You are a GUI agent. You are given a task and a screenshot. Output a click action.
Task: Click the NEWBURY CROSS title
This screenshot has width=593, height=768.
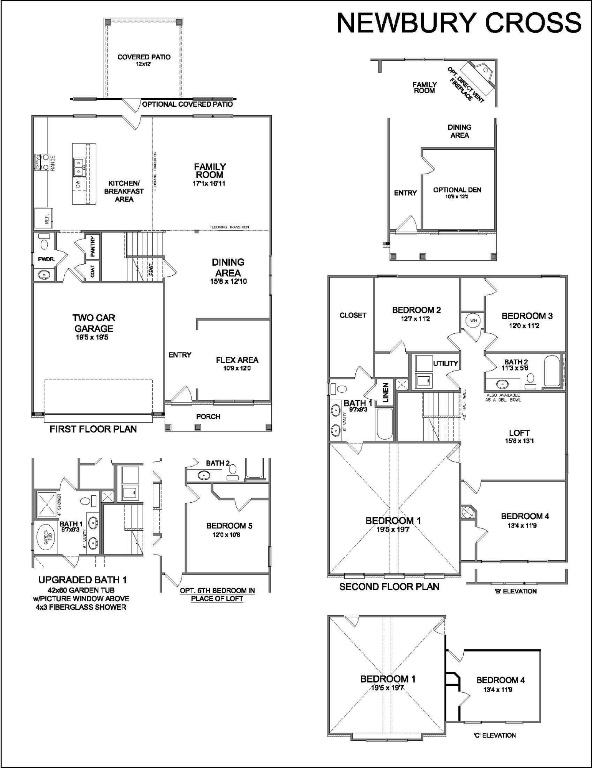459,23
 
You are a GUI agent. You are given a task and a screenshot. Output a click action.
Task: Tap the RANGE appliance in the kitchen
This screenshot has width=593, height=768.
40,162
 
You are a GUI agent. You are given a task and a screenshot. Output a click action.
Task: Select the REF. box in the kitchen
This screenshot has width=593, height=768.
43,218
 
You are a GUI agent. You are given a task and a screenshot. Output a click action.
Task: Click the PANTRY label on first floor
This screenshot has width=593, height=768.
93,246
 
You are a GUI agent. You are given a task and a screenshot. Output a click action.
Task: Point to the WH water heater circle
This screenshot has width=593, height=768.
473,320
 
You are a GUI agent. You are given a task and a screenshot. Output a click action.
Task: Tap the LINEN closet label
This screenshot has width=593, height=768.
386,392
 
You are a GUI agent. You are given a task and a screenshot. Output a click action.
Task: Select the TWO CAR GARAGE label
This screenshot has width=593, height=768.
94,323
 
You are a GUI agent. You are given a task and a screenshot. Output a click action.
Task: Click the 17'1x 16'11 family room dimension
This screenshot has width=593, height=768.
209,184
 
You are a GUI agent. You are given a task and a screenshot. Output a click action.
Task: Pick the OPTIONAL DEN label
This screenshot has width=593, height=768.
457,190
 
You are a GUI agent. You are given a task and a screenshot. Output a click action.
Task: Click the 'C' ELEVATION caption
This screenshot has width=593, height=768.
494,735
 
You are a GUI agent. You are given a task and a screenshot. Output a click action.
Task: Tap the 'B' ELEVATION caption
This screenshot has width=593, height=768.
515,591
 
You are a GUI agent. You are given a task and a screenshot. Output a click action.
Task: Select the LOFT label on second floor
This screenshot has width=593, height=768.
519,433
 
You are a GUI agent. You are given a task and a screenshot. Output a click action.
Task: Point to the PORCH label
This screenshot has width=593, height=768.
208,416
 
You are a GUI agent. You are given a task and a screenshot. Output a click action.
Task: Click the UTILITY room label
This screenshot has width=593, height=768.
445,363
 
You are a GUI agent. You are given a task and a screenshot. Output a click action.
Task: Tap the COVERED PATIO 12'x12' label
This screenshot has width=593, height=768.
144,60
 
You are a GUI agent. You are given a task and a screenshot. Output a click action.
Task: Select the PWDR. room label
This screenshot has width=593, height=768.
46,259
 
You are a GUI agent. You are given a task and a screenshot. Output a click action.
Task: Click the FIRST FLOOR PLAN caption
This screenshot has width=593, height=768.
93,429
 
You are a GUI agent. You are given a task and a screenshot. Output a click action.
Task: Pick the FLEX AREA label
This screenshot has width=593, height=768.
237,360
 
